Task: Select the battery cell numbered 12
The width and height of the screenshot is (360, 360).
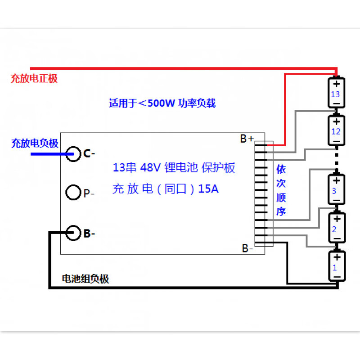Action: (x=336, y=131)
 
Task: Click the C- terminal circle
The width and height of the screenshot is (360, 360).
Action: (x=73, y=154)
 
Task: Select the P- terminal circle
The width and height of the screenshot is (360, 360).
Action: (x=73, y=193)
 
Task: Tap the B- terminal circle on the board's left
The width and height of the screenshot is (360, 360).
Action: (x=73, y=233)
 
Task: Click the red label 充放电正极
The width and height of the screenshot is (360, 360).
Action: (x=34, y=79)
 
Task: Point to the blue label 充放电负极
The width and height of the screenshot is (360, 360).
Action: (x=35, y=144)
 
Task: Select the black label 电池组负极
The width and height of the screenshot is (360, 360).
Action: (x=85, y=279)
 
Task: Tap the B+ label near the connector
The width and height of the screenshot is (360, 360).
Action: (x=247, y=139)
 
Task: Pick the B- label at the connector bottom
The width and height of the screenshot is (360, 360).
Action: (x=247, y=248)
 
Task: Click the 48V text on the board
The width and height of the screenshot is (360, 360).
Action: (x=150, y=168)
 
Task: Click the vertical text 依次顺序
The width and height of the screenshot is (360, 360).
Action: (x=281, y=190)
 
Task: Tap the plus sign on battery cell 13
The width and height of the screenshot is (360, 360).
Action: (x=336, y=83)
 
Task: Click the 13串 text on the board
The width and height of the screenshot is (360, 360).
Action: (x=125, y=168)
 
